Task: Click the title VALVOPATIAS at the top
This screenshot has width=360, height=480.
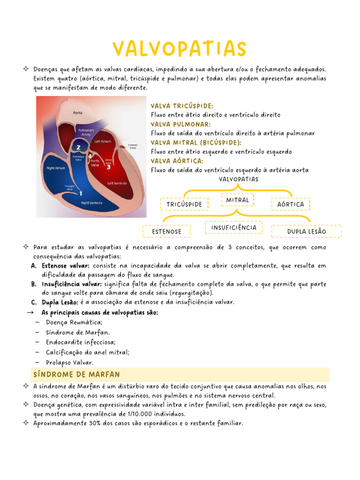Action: pyautogui.click(x=180, y=49)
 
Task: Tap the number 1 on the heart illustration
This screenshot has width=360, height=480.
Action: pyautogui.click(x=81, y=193)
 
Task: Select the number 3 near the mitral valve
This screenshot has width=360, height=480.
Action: pyautogui.click(x=108, y=166)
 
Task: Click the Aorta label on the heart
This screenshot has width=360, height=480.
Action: pyautogui.click(x=78, y=112)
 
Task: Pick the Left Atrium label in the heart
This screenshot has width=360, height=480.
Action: pyautogui.click(x=103, y=141)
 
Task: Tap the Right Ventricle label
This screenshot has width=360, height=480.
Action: pyautogui.click(x=92, y=202)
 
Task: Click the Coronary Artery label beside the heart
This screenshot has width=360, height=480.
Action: pyautogui.click(x=133, y=146)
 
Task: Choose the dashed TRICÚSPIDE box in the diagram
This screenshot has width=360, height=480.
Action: pyautogui.click(x=184, y=204)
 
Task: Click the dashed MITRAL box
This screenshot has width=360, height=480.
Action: pyautogui.click(x=238, y=200)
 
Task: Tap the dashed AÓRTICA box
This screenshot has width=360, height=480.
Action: pyautogui.click(x=291, y=204)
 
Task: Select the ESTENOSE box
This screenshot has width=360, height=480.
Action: pyautogui.click(x=167, y=232)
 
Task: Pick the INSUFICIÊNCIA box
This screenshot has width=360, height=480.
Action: pyautogui.click(x=234, y=227)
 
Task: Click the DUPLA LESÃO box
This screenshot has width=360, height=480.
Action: pyautogui.click(x=307, y=232)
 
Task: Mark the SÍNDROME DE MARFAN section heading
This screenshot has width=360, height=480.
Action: pyautogui.click(x=77, y=375)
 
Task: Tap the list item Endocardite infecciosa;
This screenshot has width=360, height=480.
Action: pyautogui.click(x=81, y=342)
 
